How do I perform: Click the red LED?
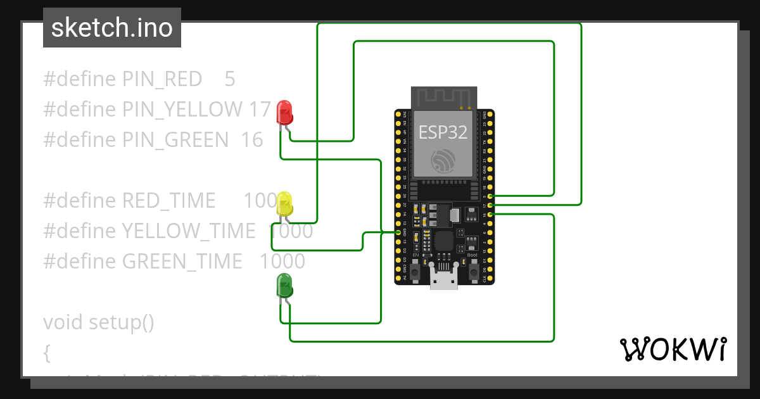pyautogui.click(x=285, y=113)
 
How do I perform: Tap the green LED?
pyautogui.click(x=285, y=286)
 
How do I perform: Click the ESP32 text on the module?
pyautogui.click(x=443, y=132)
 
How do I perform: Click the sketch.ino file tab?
pyautogui.click(x=112, y=28)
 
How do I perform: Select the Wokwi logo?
pyautogui.click(x=673, y=349)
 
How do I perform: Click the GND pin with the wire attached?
pyautogui.click(x=399, y=232)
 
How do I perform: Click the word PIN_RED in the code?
pyautogui.click(x=162, y=79)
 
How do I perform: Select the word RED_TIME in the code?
pyautogui.click(x=168, y=201)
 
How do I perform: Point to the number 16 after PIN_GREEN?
pyautogui.click(x=252, y=140)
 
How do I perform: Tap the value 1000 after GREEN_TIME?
pyautogui.click(x=282, y=262)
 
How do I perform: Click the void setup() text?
pyautogui.click(x=99, y=322)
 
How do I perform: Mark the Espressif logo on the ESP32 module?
pyautogui.click(x=443, y=161)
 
